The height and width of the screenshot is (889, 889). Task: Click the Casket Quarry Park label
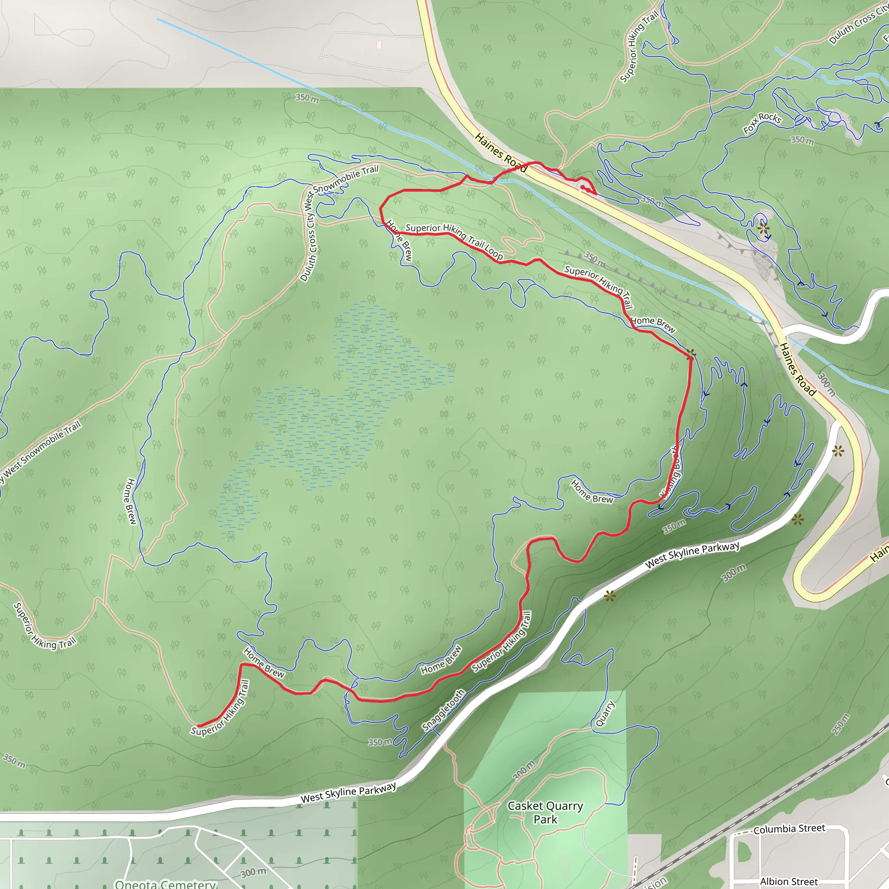[545, 812]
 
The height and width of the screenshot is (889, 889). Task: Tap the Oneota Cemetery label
[165, 884]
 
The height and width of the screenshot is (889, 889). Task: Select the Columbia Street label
[789, 829]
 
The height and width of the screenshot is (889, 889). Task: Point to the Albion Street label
[789, 882]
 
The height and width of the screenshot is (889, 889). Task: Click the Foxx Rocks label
[762, 123]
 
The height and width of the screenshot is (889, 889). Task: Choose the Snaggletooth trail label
[443, 710]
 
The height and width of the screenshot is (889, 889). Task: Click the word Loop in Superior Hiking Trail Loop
[493, 252]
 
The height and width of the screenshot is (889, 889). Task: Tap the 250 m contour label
[841, 725]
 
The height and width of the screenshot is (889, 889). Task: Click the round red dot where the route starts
[583, 187]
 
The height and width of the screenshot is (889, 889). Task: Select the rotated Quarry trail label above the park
[605, 713]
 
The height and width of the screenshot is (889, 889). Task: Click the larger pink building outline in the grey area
[379, 45]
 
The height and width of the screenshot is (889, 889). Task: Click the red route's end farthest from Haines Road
[198, 726]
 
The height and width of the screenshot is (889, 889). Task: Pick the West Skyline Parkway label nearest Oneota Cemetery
[348, 792]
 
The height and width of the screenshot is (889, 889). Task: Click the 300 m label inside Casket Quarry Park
[524, 769]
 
